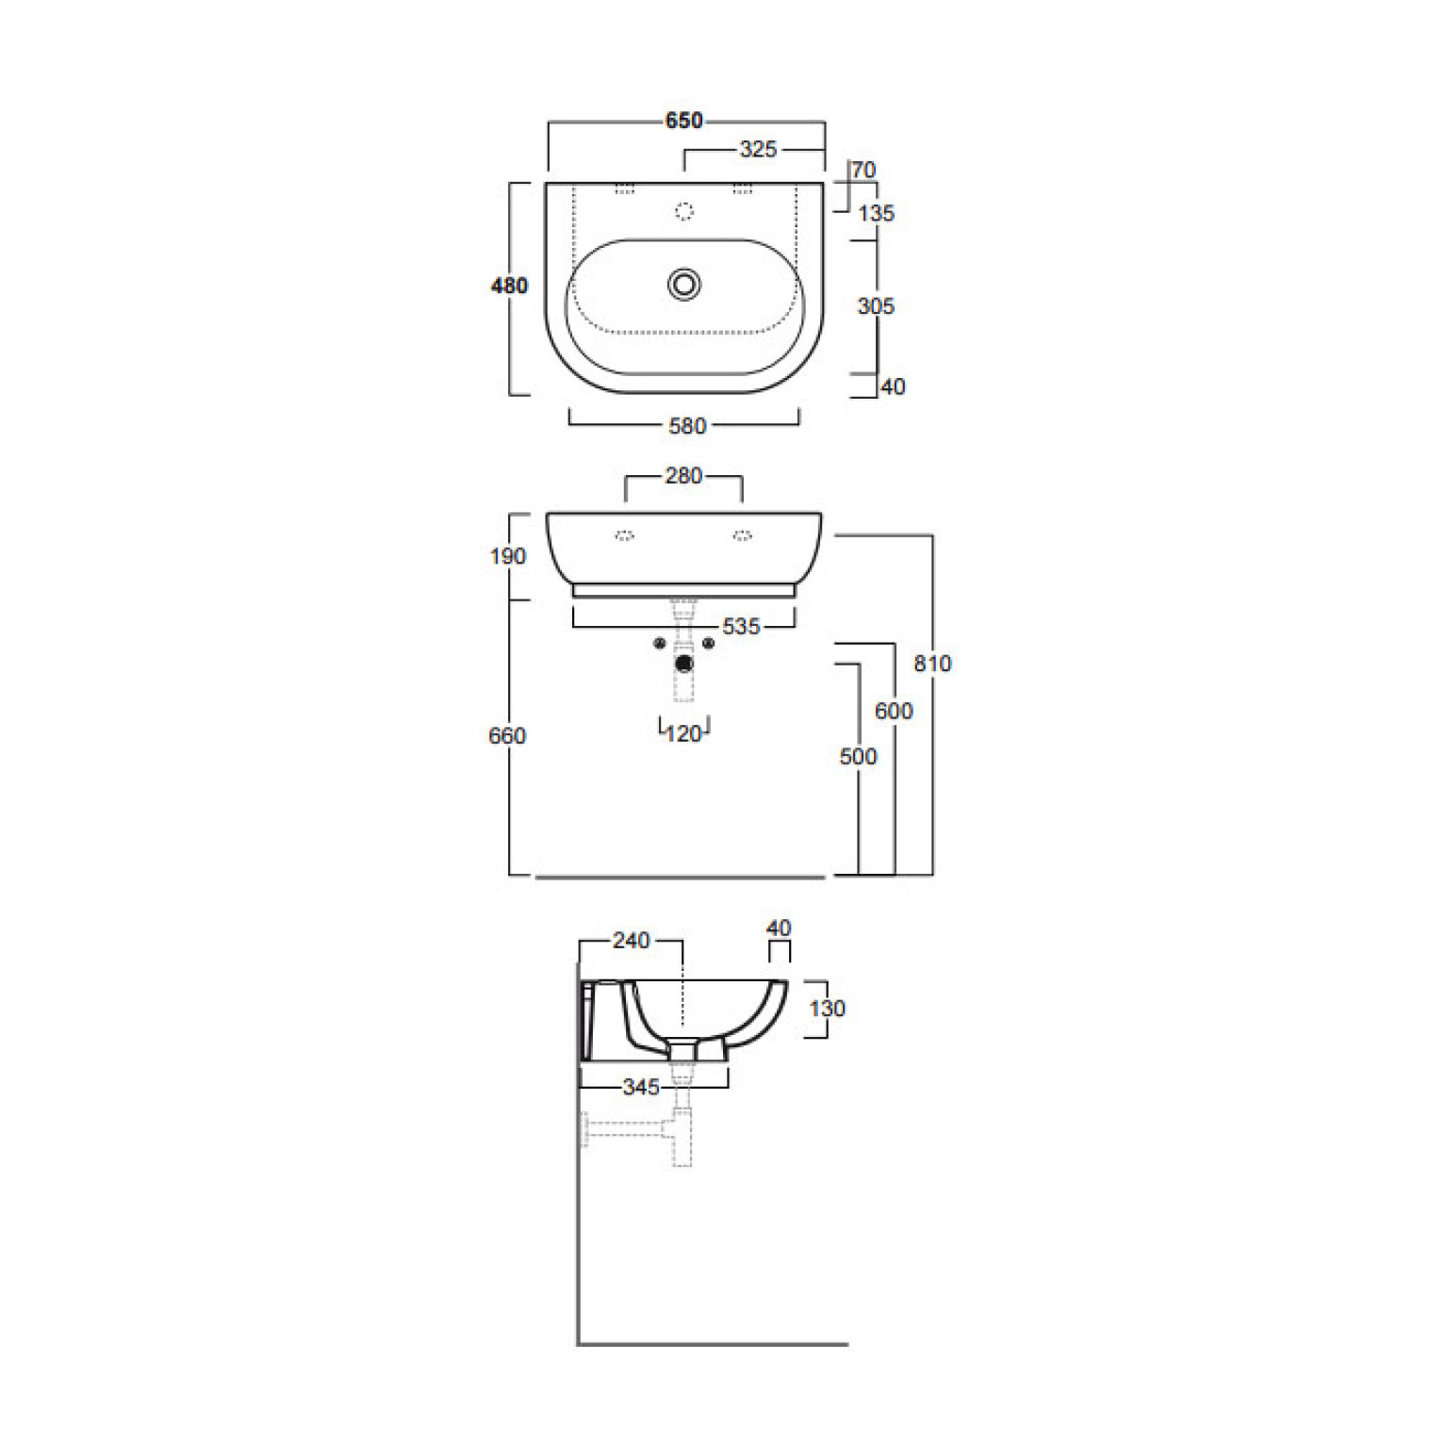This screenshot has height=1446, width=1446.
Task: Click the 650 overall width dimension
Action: pos(684,121)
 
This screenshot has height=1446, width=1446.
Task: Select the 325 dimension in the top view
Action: pos(758,149)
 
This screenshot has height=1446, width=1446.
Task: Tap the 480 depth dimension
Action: pos(509,286)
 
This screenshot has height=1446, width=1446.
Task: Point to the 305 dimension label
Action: pos(876,306)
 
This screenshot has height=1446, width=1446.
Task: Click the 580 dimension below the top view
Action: pos(687,426)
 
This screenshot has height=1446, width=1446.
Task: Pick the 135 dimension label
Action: pos(876,213)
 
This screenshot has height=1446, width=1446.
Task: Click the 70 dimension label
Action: pos(863,171)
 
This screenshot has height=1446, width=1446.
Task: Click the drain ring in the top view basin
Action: pos(684,284)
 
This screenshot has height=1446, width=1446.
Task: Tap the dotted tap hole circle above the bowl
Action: pos(684,212)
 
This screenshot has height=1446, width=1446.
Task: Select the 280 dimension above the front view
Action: pos(683,476)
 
